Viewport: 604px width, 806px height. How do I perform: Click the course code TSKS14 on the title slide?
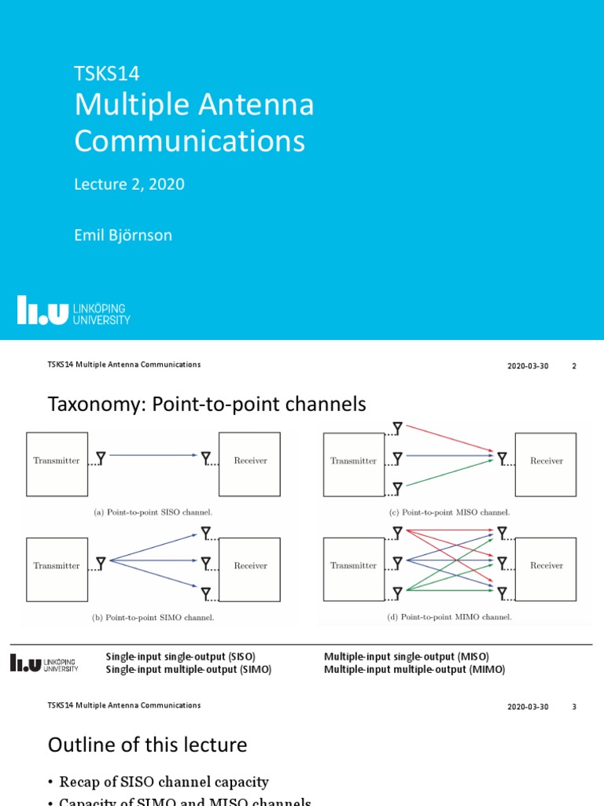point(106,74)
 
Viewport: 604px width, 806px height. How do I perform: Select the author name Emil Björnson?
point(123,235)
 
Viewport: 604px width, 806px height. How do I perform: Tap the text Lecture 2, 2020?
point(129,184)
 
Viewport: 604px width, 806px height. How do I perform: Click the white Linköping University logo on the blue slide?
point(74,310)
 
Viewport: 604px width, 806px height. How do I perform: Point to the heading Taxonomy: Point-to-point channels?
point(207,405)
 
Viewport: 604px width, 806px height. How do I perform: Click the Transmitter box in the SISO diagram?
point(57,464)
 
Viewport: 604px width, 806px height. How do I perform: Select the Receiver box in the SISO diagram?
point(249,464)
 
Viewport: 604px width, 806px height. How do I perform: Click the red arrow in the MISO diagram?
point(448,439)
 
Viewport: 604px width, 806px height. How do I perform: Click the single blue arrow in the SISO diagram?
point(153,455)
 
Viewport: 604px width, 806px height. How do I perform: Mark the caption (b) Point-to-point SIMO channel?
point(153,617)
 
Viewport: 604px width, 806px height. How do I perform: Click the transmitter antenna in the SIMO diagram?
point(101,561)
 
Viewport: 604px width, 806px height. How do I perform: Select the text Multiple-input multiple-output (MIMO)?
point(414,670)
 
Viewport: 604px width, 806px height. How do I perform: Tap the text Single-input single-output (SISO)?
point(181,656)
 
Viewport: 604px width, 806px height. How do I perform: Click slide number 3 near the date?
point(574,707)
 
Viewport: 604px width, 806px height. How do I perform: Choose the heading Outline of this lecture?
point(147,745)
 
